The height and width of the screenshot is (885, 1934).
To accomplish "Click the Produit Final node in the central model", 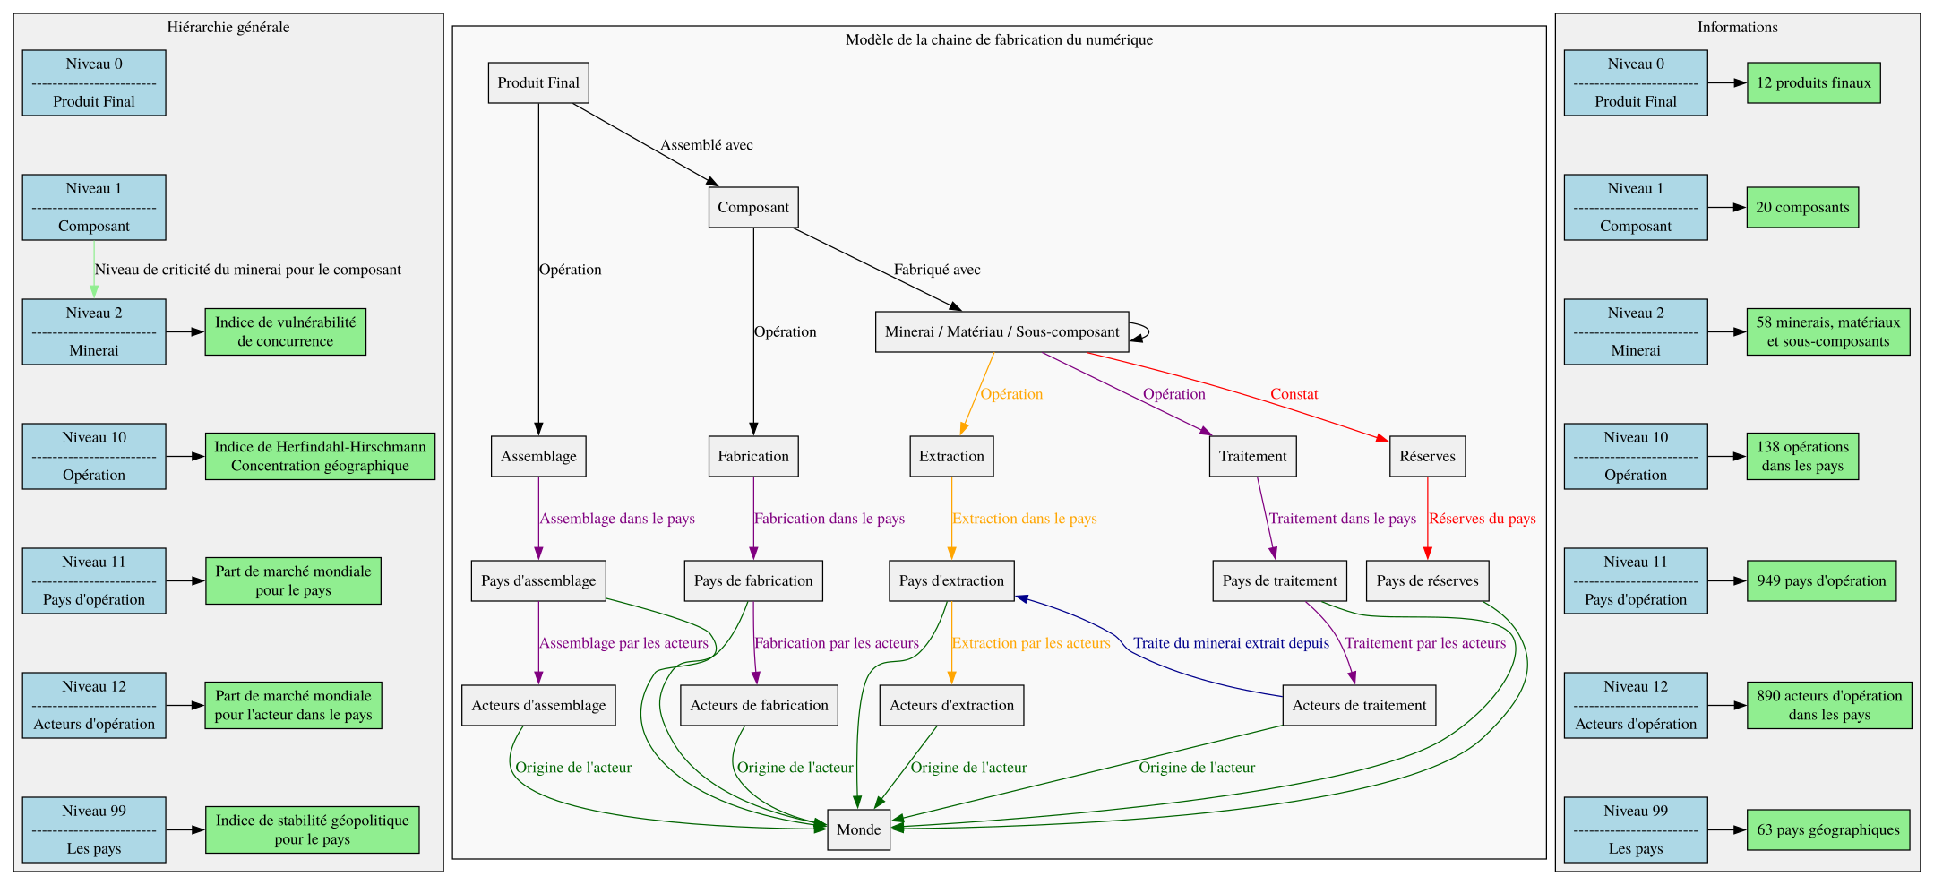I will [538, 82].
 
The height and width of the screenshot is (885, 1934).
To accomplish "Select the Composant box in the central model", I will [753, 207].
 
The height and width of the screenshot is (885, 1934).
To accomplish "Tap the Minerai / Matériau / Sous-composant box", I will [1001, 331].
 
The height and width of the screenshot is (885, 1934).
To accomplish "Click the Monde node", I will [858, 829].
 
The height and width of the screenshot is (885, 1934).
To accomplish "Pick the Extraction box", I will [951, 456].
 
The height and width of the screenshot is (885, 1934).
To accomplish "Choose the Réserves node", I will [1427, 456].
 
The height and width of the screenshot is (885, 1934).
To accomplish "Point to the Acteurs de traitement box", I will [1359, 705].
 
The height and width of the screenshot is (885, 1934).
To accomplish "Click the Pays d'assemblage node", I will [538, 580].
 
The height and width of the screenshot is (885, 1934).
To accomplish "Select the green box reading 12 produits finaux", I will [1813, 82].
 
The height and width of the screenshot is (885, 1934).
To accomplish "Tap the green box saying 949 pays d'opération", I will [1821, 580].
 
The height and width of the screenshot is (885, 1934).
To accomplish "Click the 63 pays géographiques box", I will [1827, 829].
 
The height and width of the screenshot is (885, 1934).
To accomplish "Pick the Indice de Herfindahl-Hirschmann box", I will [320, 456].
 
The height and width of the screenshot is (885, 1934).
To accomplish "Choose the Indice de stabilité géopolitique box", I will [312, 829].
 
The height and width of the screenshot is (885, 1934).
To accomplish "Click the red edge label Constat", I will [1294, 394].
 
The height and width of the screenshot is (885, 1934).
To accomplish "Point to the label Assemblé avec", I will [706, 145].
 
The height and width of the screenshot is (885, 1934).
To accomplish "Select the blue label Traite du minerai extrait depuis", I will [1231, 643].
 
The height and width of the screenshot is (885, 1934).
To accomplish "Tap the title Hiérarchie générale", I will [228, 27].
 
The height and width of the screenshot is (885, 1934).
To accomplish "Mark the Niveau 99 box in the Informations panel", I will [1636, 829].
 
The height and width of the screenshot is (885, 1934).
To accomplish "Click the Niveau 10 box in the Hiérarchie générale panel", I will [94, 456].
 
